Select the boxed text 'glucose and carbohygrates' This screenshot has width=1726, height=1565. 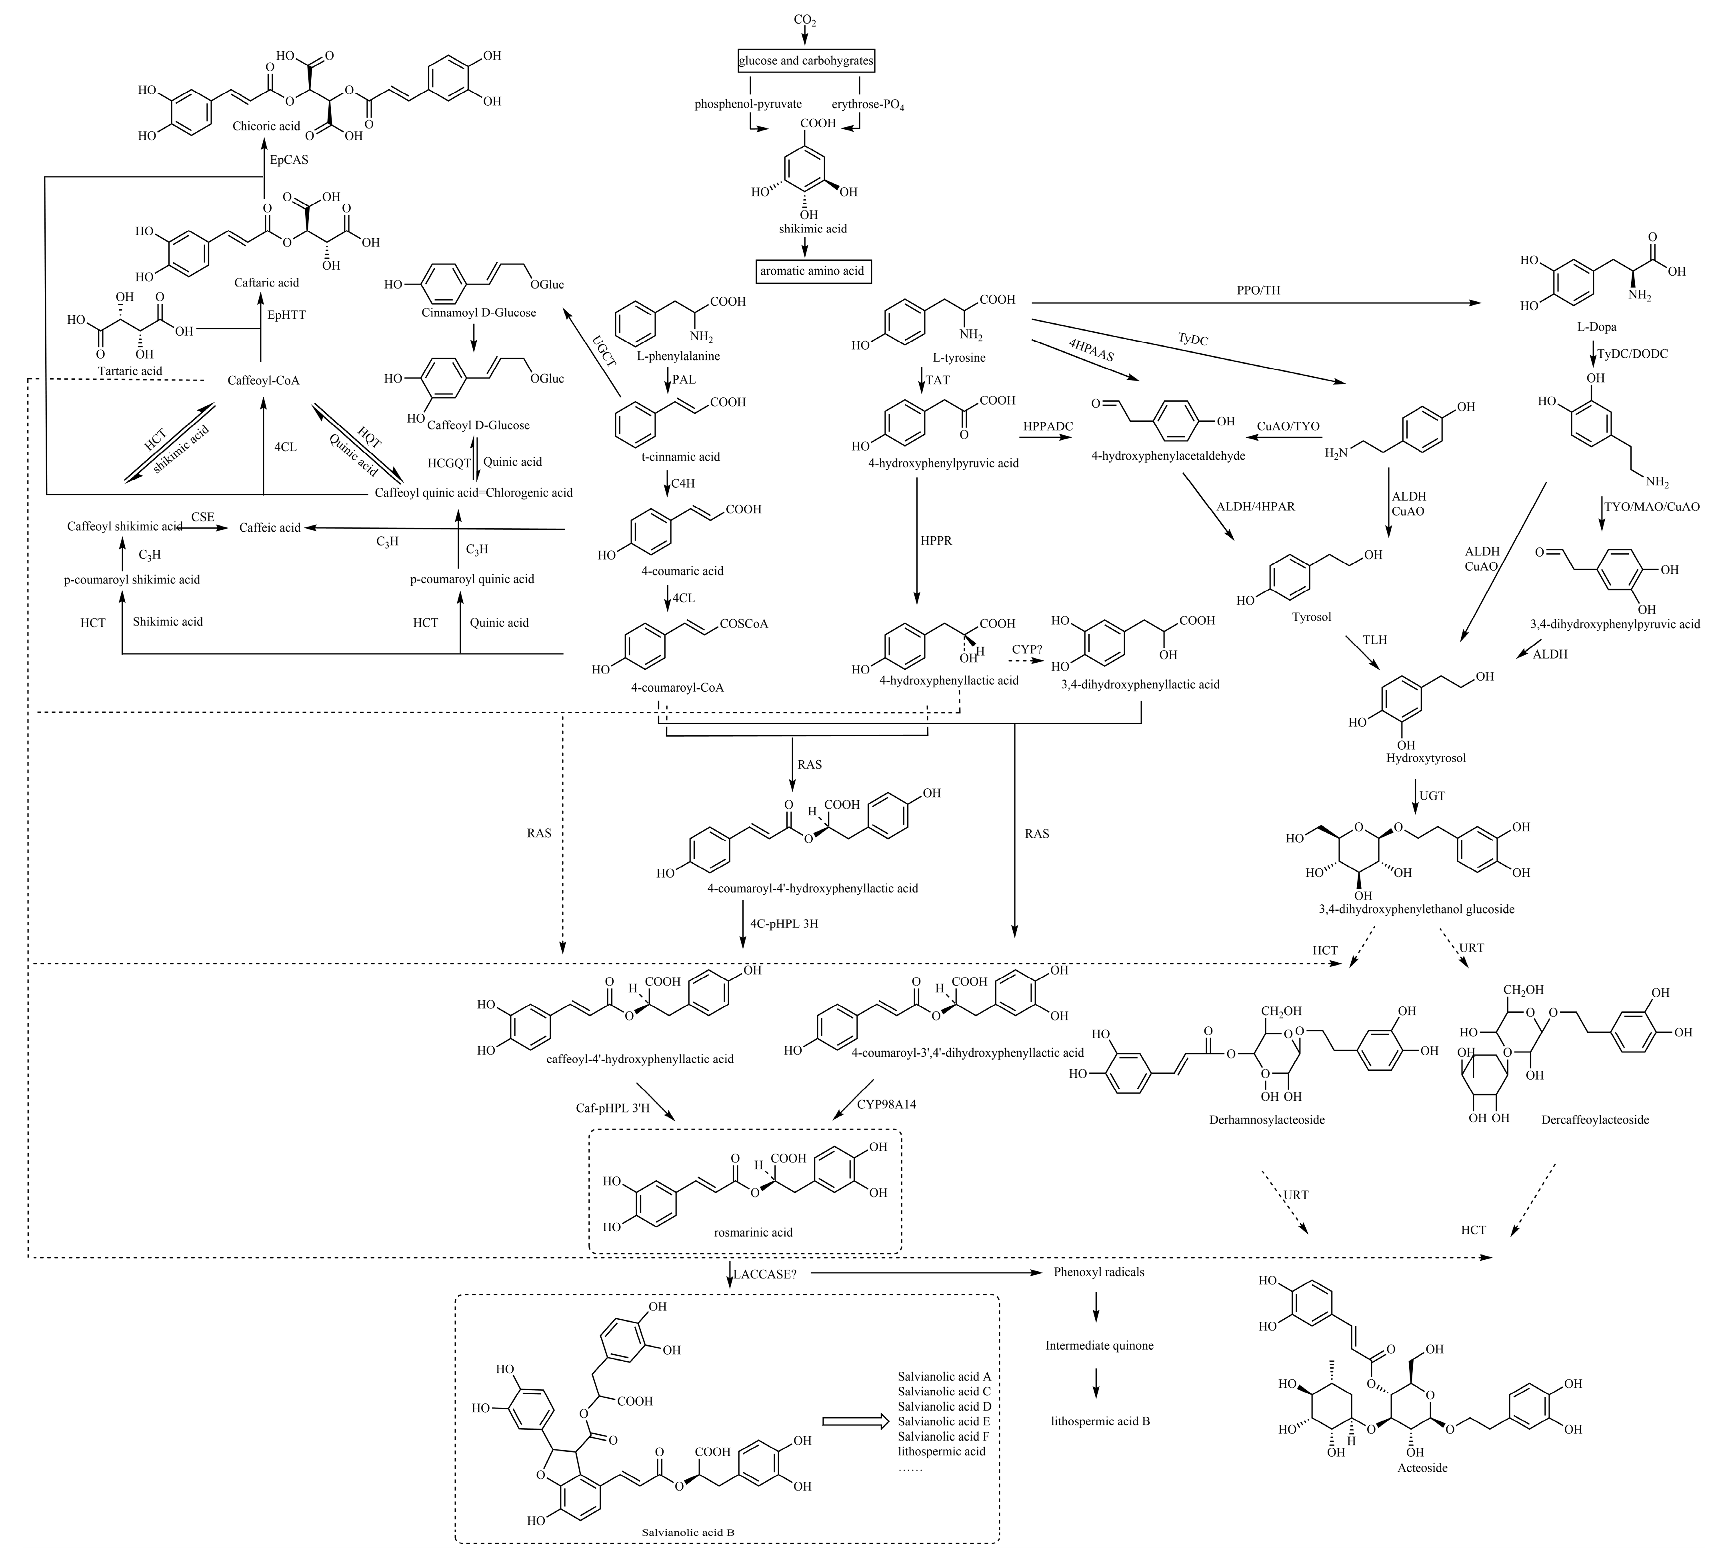[x=806, y=61]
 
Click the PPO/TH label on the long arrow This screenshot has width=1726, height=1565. [x=1258, y=291]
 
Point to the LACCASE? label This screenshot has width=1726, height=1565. [x=764, y=1274]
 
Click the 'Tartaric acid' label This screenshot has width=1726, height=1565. [x=130, y=371]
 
